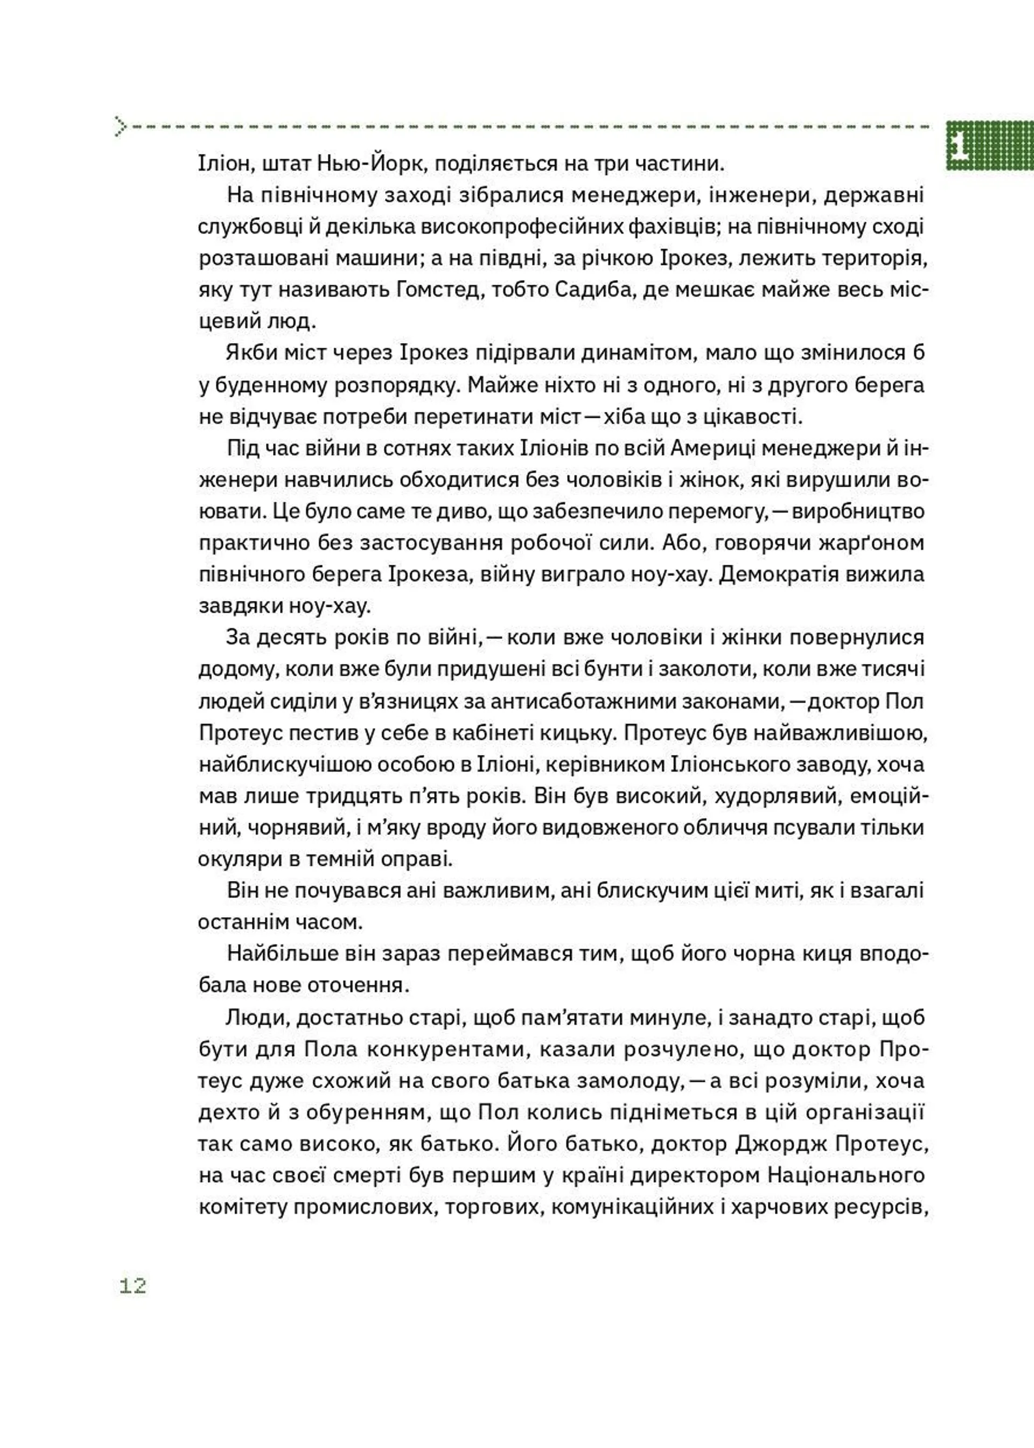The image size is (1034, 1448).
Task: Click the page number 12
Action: click(x=133, y=1286)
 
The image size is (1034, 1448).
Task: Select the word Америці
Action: click(x=712, y=449)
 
